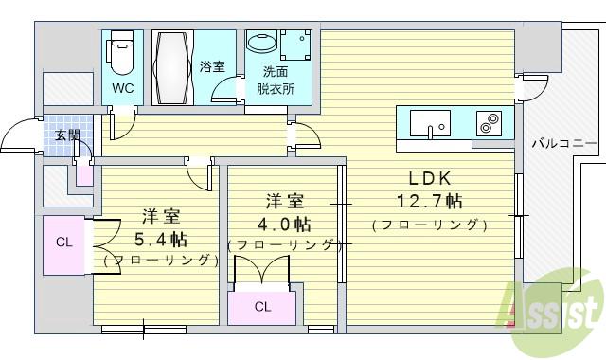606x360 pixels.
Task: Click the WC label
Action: (122, 88)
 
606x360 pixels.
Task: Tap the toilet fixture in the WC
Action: (122, 54)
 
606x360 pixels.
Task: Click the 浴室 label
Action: (213, 66)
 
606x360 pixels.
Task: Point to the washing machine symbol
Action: (295, 45)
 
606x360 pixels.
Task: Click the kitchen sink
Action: (431, 123)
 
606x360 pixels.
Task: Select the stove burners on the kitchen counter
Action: (490, 122)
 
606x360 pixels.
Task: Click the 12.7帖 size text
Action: (429, 201)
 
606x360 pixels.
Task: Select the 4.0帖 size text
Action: (283, 225)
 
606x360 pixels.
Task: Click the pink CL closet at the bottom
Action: (262, 306)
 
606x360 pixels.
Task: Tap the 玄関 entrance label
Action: (66, 135)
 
